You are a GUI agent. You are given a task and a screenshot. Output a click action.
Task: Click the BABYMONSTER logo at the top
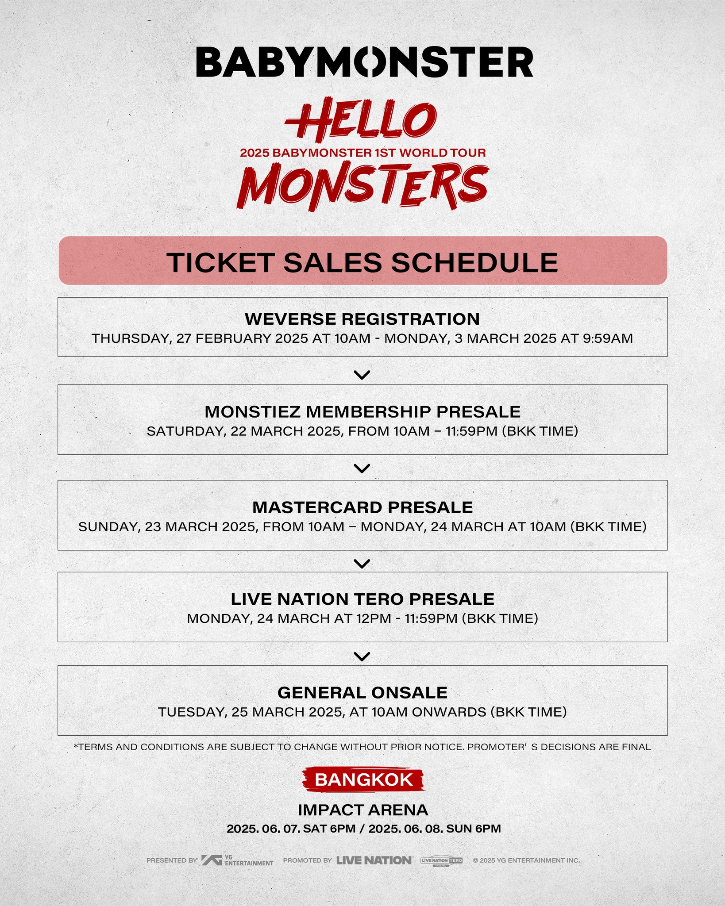tap(364, 62)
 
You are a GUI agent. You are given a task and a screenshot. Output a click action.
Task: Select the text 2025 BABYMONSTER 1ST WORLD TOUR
tap(362, 153)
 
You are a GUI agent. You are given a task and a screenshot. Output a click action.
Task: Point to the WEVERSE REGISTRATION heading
tap(362, 319)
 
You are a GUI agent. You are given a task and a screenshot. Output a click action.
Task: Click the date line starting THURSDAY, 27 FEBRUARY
tap(362, 338)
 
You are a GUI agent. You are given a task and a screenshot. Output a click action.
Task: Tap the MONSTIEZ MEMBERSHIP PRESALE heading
tap(362, 411)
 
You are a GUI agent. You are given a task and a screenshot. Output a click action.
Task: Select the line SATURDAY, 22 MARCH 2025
tap(362, 431)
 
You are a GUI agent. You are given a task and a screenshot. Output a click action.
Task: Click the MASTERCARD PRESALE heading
tap(362, 507)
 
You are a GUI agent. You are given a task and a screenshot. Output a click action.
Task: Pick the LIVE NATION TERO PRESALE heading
tap(362, 599)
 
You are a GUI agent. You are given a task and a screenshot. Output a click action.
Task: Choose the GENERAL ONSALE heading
tap(362, 692)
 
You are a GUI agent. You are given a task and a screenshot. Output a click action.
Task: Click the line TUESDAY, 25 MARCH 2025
tap(362, 712)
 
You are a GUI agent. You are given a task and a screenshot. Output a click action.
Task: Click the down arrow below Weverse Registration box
tap(362, 375)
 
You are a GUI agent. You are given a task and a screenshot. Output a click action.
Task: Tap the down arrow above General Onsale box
tap(362, 656)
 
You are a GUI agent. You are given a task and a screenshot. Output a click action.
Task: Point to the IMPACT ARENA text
tap(363, 810)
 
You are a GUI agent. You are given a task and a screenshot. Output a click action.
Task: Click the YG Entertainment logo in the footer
tap(237, 860)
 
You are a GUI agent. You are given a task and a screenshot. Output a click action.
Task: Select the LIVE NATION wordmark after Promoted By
tap(374, 860)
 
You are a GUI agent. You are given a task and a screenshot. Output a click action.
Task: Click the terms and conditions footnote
tap(362, 747)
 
